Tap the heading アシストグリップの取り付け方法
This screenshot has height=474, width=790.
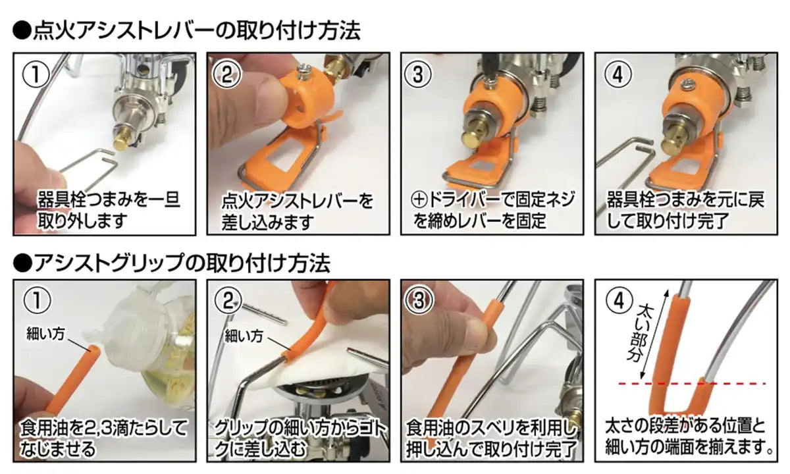[x=172, y=263]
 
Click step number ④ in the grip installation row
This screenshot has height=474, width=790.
[x=618, y=301]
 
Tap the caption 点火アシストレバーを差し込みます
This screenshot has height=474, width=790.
[x=298, y=209]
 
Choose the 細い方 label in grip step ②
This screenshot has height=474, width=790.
[x=244, y=336]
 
